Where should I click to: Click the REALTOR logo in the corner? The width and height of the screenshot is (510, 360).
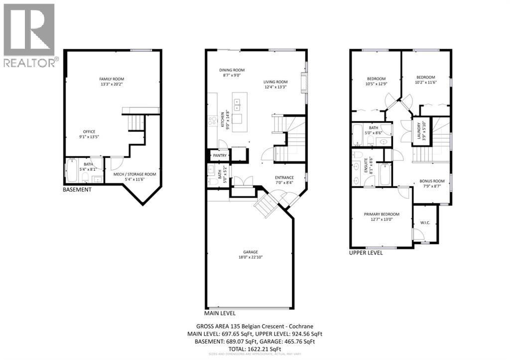pos(29,35)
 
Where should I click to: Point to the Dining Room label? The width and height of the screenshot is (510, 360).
pos(232,73)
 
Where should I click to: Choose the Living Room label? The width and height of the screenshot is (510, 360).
pos(275,85)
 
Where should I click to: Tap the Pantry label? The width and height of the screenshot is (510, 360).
pos(220,156)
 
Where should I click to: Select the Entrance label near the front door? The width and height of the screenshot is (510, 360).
pos(284,180)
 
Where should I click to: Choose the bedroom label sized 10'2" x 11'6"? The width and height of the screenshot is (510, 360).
pos(425,80)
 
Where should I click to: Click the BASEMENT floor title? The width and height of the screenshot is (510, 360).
pos(77,190)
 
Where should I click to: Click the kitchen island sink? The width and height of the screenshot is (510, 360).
pos(238,104)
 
